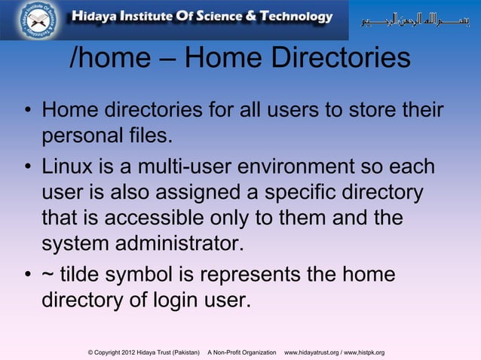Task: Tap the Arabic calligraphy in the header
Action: pyautogui.click(x=415, y=18)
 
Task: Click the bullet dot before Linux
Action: pyautogui.click(x=26, y=166)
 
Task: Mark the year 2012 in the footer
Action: pyautogui.click(x=126, y=352)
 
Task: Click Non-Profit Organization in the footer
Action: pyautogui.click(x=241, y=352)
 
